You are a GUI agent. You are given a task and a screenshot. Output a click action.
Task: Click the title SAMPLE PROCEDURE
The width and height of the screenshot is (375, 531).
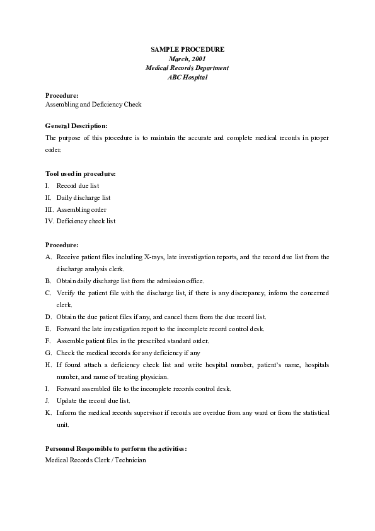pyautogui.click(x=187, y=49)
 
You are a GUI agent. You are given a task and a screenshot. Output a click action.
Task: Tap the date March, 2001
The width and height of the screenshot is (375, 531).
pyautogui.click(x=187, y=58)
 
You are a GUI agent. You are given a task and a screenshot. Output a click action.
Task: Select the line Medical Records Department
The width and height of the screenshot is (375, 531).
pyautogui.click(x=187, y=67)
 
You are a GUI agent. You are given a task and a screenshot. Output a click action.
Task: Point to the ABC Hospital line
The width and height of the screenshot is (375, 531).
pyautogui.click(x=187, y=77)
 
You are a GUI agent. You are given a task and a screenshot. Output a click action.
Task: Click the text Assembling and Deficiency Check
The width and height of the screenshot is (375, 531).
pyautogui.click(x=93, y=104)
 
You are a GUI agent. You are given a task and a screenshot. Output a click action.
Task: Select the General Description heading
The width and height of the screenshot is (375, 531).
pyautogui.click(x=76, y=125)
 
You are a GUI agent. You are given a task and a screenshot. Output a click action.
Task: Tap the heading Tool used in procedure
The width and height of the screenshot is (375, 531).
pyautogui.click(x=81, y=173)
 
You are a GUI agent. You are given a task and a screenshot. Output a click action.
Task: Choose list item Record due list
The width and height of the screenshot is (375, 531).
pyautogui.click(x=78, y=185)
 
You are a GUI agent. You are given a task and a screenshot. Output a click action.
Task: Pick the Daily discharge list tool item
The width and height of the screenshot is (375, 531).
pyautogui.click(x=83, y=197)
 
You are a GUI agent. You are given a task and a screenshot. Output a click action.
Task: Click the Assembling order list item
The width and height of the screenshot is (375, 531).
pyautogui.click(x=81, y=209)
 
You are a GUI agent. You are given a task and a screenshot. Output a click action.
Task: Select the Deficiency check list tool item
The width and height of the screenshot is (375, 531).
pyautogui.click(x=86, y=221)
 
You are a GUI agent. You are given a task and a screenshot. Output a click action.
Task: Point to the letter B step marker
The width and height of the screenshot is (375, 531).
pyautogui.click(x=49, y=281)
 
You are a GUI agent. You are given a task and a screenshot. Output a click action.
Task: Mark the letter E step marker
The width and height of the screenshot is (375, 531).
pyautogui.click(x=49, y=329)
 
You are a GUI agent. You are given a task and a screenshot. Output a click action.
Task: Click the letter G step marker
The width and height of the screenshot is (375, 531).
pyautogui.click(x=49, y=353)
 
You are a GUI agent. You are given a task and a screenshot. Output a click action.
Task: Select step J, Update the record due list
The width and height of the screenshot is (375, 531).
pyautogui.click(x=93, y=400)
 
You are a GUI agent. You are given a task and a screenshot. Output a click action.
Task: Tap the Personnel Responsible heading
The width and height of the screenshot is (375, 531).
pyautogui.click(x=116, y=448)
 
